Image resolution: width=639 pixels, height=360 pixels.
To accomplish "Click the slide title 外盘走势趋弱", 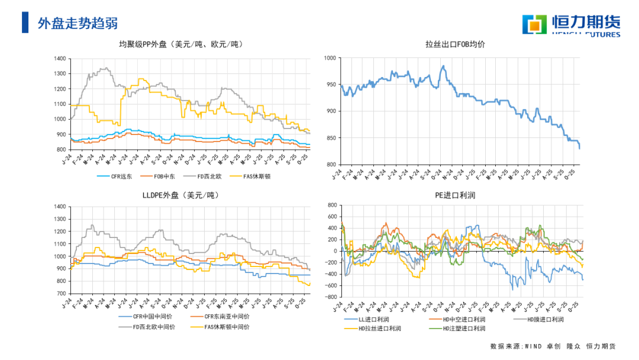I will [x=78, y=23].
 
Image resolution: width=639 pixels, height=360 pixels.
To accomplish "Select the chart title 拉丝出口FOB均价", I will [x=455, y=44].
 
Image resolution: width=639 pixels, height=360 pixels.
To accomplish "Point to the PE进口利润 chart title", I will [x=455, y=195].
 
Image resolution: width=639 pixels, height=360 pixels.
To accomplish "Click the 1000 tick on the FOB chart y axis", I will [x=330, y=58].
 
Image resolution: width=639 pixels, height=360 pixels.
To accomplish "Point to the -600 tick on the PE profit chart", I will [x=329, y=285].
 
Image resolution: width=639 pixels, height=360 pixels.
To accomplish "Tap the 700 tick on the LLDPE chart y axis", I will [x=59, y=294].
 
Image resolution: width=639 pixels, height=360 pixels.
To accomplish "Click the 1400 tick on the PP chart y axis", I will [x=59, y=59].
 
